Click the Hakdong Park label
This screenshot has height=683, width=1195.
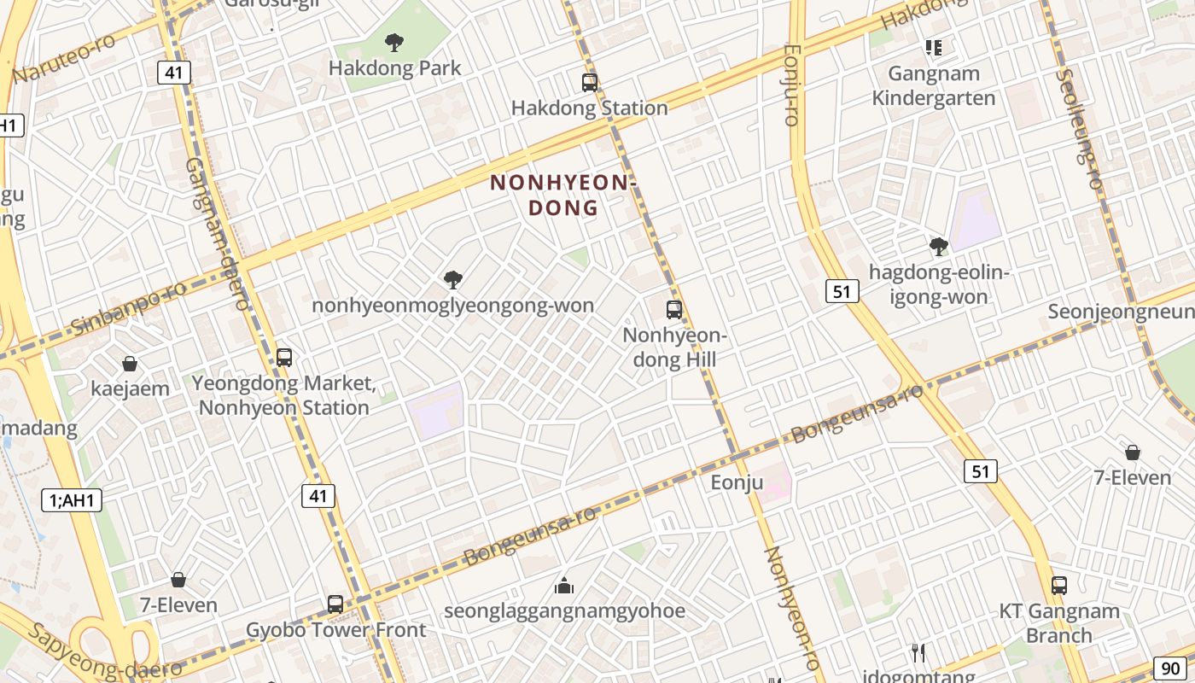tap(394, 67)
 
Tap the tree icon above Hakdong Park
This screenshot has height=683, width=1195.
tap(393, 41)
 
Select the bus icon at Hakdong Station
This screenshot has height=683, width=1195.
tap(590, 83)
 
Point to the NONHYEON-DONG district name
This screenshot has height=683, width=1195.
tap(563, 195)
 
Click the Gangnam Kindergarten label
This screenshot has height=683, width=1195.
tap(933, 85)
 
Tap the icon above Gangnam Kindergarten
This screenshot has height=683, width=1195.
tap(933, 48)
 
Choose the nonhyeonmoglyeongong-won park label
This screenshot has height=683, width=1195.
tap(453, 305)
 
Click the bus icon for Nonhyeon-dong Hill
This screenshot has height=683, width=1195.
tap(674, 309)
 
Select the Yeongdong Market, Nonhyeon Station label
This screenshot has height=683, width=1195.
tap(283, 395)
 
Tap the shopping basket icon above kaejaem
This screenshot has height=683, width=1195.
tap(130, 364)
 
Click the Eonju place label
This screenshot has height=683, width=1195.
tap(737, 482)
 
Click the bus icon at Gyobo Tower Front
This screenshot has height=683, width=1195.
tap(335, 604)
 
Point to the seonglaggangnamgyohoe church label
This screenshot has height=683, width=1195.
tap(564, 610)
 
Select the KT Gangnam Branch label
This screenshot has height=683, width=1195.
tap(1059, 623)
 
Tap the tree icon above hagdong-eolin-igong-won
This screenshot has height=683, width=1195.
tap(939, 247)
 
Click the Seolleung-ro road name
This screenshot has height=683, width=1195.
tap(1079, 128)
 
